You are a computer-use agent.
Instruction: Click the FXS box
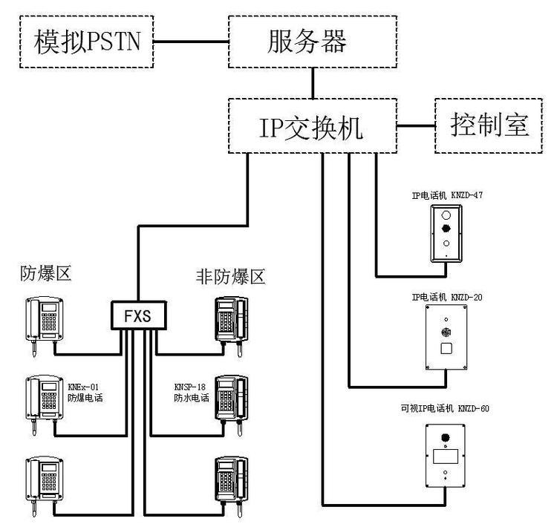[137, 315]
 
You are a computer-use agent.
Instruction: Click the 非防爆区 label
[230, 277]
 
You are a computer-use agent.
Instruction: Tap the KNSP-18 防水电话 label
[191, 392]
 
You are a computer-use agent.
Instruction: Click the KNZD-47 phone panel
[446, 232]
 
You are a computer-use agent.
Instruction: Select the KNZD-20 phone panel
[446, 338]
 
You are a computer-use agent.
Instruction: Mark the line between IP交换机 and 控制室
[415, 126]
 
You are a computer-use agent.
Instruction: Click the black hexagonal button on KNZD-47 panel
[446, 229]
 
